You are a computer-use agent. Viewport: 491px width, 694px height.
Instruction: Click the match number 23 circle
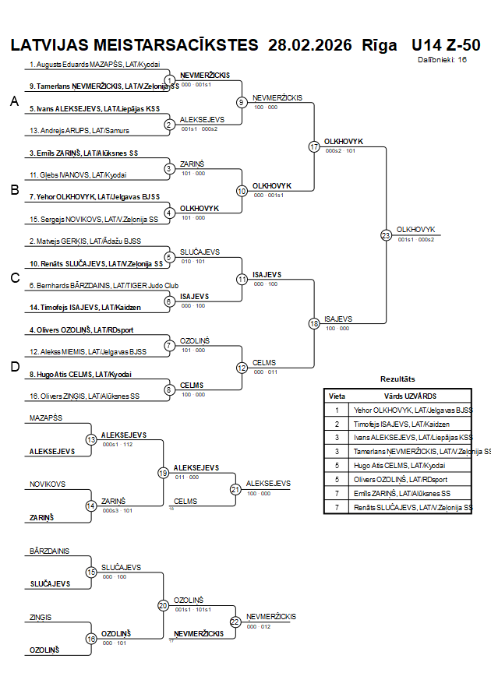click(x=386, y=234)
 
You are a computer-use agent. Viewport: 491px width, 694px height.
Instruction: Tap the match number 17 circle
click(x=314, y=146)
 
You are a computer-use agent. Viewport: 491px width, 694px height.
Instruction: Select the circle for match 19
click(x=164, y=473)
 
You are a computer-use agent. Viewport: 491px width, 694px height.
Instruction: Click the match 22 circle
click(x=235, y=622)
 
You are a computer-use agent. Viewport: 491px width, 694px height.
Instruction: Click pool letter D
click(x=13, y=367)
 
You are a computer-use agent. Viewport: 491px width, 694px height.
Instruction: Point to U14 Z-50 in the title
click(x=446, y=44)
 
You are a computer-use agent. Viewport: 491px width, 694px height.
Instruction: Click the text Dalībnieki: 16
click(x=443, y=59)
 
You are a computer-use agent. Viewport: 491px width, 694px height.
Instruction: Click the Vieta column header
click(x=337, y=396)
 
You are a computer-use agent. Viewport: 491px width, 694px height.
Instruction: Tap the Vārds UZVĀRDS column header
click(x=410, y=396)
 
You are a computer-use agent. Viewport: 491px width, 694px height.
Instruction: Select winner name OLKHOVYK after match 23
click(x=415, y=230)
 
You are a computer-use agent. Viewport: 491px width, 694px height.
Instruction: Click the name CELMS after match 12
click(x=263, y=362)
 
